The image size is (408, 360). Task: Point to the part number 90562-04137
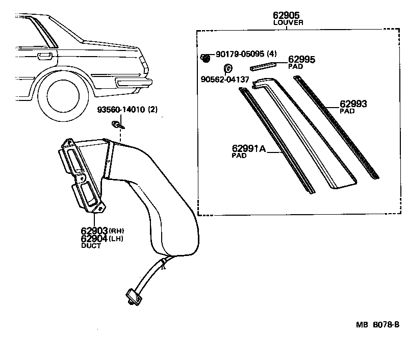225,80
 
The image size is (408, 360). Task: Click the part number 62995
301,60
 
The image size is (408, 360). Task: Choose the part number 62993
353,104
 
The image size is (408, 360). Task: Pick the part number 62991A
249,149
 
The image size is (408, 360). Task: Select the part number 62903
92,230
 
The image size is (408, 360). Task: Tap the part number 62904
92,238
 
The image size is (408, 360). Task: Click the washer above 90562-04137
228,68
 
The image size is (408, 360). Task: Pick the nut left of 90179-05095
206,58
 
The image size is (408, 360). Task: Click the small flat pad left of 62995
263,65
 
